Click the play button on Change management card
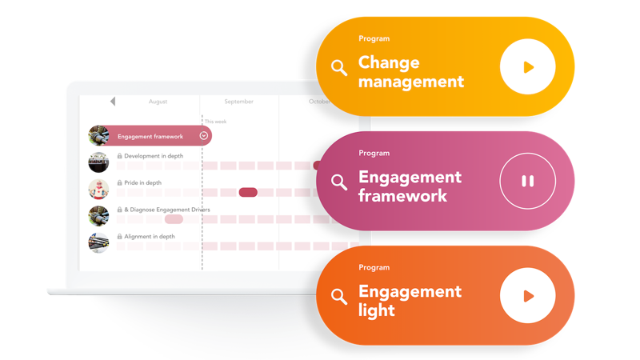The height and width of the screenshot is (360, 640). tap(527, 67)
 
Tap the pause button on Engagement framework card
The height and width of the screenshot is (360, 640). tap(527, 181)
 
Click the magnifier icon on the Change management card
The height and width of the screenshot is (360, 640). tap(339, 68)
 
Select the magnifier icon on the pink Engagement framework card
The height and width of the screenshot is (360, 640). tap(339, 182)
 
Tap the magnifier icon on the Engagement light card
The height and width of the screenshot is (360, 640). tap(339, 297)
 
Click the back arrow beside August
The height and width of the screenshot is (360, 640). tap(113, 102)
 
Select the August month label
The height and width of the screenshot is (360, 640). tap(158, 102)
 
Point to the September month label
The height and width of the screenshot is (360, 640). tap(238, 102)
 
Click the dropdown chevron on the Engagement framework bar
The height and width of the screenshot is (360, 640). tap(204, 136)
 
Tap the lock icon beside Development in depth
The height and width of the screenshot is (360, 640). tap(119, 156)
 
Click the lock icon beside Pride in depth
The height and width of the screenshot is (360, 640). tap(119, 182)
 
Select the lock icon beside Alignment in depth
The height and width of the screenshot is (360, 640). tap(119, 236)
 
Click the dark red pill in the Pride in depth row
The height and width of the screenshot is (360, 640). tap(248, 192)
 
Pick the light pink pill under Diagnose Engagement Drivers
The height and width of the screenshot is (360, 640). tap(174, 219)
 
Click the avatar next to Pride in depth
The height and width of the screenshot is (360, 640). tap(98, 189)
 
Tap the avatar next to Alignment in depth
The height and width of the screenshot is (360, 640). tap(98, 243)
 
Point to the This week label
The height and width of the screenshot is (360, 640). tap(215, 122)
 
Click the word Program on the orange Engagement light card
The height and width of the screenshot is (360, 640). tap(374, 267)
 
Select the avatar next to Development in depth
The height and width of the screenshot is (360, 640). tap(98, 162)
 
